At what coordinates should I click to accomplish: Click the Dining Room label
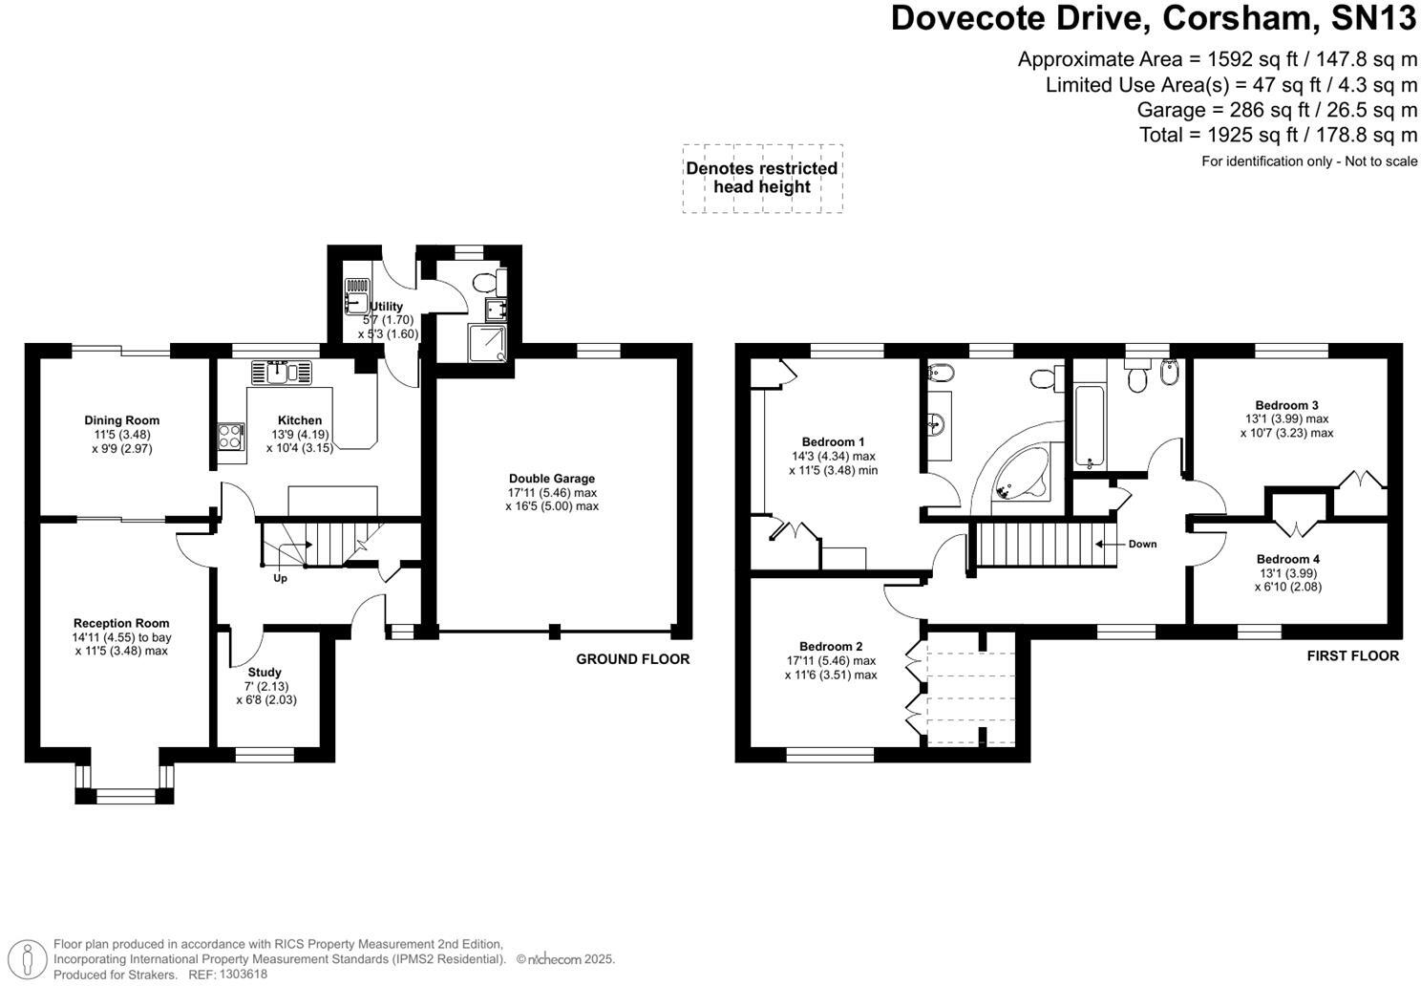point(121,420)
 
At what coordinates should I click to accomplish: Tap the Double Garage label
point(551,479)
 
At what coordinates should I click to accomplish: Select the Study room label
point(265,673)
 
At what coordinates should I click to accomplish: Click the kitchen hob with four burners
point(230,437)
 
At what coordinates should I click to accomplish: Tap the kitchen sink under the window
point(282,371)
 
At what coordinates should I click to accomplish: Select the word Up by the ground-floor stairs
point(280,578)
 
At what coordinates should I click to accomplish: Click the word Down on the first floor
point(1142,544)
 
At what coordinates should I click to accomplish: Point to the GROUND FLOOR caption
point(632,659)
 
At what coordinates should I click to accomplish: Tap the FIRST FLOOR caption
point(1352,655)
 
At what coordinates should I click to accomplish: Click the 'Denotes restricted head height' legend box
point(761,178)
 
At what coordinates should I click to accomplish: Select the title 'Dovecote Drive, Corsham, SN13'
point(1153,19)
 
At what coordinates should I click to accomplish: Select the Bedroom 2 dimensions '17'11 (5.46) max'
point(831,661)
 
